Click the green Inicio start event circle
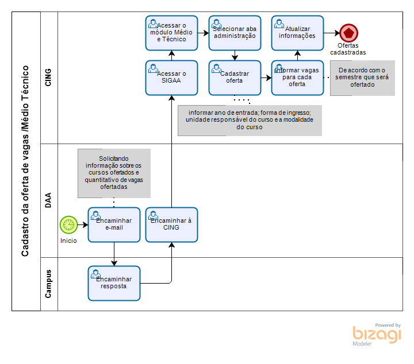[x=68, y=224]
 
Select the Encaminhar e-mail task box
[x=114, y=224]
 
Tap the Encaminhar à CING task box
[x=171, y=224]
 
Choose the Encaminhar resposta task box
[x=114, y=283]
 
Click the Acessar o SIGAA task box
[x=171, y=78]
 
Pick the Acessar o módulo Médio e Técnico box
[x=171, y=33]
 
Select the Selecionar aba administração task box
[x=235, y=33]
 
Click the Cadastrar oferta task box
[x=235, y=78]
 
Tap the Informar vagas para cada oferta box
[x=297, y=78]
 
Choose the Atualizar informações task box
[x=297, y=33]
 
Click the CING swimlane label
[x=49, y=78]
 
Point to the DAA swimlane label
[x=49, y=201]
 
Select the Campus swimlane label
[x=49, y=284]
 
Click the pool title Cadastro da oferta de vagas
[x=26, y=161]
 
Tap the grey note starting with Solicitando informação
[x=114, y=173]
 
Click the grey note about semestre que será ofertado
[x=362, y=78]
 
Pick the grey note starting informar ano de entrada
[x=250, y=120]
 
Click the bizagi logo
[x=377, y=334]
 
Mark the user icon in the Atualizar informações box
[x=279, y=24]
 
